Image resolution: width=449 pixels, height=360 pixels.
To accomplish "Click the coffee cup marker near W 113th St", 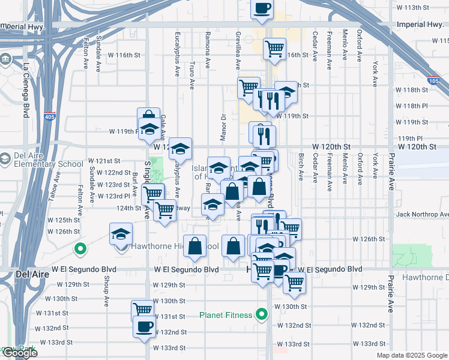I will coord(262,8).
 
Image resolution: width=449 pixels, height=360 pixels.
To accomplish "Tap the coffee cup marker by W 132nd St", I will coord(143,327).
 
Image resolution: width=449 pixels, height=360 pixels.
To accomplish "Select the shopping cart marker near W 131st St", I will coord(142,310).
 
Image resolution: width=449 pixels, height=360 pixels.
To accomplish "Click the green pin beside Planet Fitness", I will coord(261,314).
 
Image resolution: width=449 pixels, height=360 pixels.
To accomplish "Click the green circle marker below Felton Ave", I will coord(79,248).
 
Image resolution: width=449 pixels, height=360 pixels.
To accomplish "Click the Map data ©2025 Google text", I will coord(412,355).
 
